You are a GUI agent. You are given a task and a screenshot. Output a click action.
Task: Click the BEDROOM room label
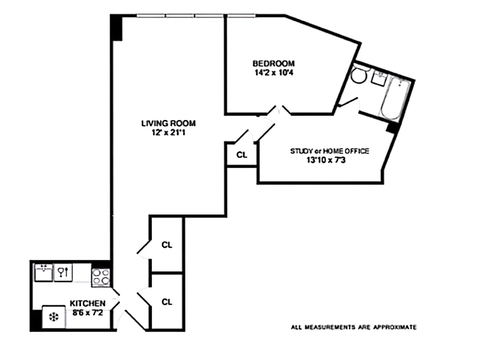[x=273, y=63]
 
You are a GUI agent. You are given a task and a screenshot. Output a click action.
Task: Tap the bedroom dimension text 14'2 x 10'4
[x=273, y=72]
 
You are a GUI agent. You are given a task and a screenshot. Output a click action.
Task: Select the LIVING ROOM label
[x=168, y=123]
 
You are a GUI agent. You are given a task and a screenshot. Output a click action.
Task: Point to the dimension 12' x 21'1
[x=168, y=132]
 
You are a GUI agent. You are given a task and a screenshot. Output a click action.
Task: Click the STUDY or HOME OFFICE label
[x=329, y=151]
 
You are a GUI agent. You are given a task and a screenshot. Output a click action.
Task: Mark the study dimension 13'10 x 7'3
[x=329, y=159]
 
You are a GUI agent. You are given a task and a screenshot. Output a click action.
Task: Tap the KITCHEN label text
[x=87, y=303]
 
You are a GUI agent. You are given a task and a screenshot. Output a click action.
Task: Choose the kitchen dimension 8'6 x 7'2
[x=87, y=312]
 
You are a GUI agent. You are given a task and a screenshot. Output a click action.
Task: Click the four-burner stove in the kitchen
[x=101, y=276]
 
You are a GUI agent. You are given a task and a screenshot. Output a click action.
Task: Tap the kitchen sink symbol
[x=44, y=272]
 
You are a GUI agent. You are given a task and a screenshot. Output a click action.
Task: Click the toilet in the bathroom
[x=358, y=75]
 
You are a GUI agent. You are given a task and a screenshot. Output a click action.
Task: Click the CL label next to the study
[x=242, y=155]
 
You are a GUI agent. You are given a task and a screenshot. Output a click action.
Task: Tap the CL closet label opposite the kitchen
[x=167, y=302]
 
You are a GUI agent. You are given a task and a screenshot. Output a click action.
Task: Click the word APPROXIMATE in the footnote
[x=395, y=327]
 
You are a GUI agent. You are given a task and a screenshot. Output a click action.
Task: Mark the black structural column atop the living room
[x=117, y=27]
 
